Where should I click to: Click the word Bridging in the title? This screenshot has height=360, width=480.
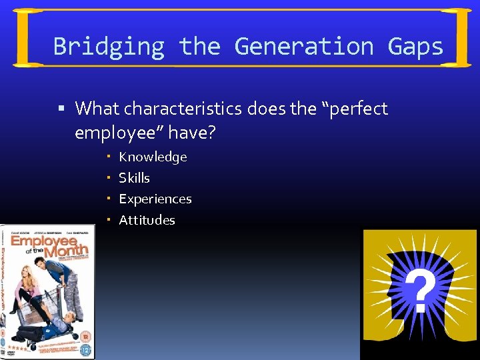108,47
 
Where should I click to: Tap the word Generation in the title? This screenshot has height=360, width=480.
304,47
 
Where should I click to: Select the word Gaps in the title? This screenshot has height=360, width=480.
416,47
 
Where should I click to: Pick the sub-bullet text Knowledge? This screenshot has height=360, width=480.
153,157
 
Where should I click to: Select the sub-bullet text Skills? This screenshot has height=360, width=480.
134,178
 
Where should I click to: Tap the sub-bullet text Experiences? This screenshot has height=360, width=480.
155,199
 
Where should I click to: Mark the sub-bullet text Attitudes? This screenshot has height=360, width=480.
147,220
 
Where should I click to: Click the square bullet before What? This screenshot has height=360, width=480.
61,109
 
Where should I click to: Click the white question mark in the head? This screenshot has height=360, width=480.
421,291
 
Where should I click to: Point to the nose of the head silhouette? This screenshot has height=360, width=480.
389,293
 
